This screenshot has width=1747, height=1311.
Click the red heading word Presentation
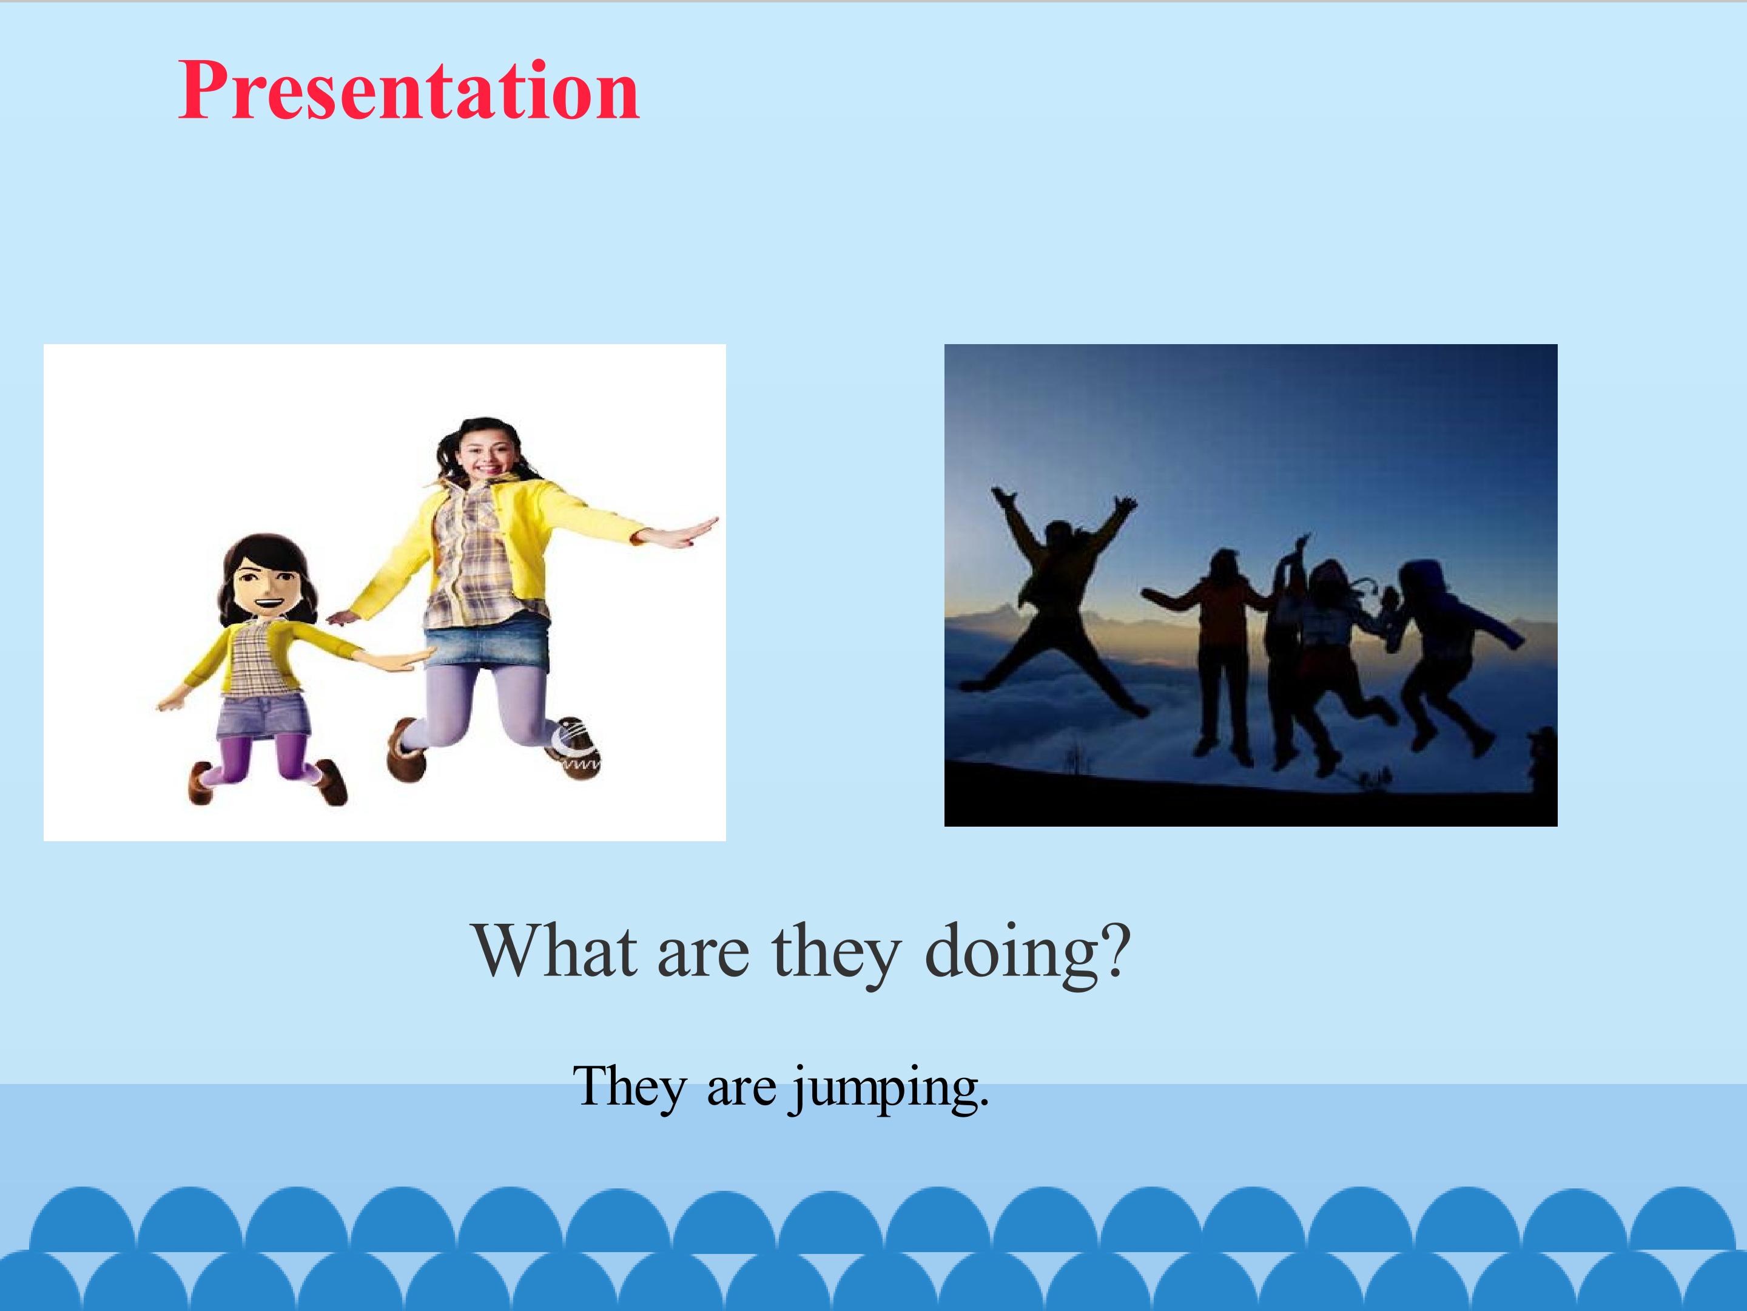(x=408, y=91)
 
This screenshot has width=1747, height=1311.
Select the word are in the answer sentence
(x=741, y=1092)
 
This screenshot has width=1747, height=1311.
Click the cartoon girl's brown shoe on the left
(x=201, y=782)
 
